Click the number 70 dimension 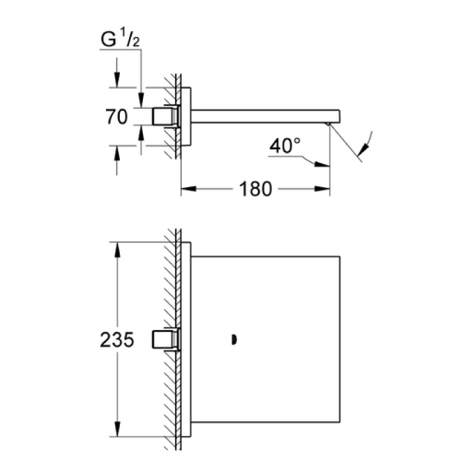click(x=117, y=116)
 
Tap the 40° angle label click(x=285, y=146)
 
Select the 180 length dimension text click(x=255, y=189)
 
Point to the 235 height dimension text click(x=117, y=339)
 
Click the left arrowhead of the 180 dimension click(x=188, y=189)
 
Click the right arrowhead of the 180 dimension click(x=322, y=189)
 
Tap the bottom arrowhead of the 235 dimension click(x=118, y=429)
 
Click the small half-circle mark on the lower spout click(x=235, y=340)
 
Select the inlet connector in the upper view click(x=165, y=116)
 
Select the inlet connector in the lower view click(x=165, y=339)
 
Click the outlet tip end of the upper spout click(x=339, y=116)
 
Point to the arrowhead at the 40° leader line click(x=322, y=164)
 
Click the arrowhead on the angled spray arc click(x=364, y=149)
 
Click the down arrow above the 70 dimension click(x=117, y=80)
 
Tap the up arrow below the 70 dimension click(x=117, y=153)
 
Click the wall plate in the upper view click(x=186, y=116)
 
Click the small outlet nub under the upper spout click(x=328, y=124)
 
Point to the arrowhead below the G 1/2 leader click(x=141, y=100)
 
